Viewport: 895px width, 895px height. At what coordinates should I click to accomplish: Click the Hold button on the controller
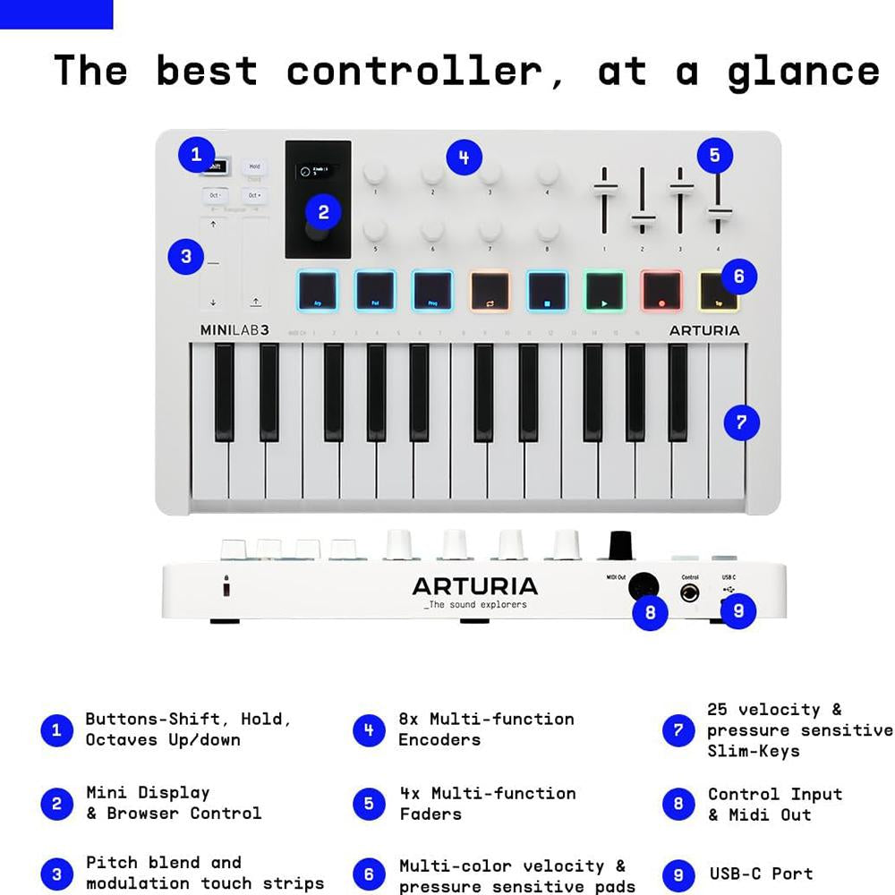tap(254, 166)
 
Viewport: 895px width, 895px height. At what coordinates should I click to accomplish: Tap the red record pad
tap(661, 291)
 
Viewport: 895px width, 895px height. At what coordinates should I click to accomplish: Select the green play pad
tap(605, 291)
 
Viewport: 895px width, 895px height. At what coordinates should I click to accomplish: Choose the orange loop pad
tap(490, 291)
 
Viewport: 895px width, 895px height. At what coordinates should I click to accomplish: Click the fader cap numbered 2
tap(643, 218)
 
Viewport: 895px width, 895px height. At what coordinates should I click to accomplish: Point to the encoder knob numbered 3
tap(490, 173)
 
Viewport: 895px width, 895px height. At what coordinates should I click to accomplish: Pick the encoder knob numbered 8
tap(547, 230)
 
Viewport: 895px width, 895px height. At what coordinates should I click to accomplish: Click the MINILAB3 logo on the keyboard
tap(234, 330)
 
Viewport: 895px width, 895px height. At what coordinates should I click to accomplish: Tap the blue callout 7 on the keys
tap(741, 422)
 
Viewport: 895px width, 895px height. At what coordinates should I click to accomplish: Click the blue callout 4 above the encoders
tap(463, 158)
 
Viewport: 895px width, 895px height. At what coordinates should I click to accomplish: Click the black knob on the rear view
tap(620, 544)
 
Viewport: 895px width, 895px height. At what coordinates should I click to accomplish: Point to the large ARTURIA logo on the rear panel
tap(474, 586)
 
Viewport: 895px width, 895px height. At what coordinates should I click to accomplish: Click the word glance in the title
tap(803, 70)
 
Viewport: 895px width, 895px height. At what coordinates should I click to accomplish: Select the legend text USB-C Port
tap(761, 874)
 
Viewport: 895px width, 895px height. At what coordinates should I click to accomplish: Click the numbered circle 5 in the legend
tap(369, 804)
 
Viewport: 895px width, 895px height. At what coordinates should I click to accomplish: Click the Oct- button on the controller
tap(215, 195)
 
